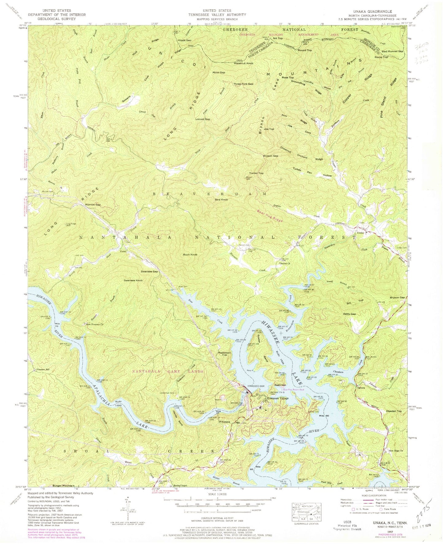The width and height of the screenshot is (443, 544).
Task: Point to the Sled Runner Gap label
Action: pyautogui.click(x=391, y=51)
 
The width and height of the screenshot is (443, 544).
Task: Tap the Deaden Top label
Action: pyautogui.click(x=394, y=411)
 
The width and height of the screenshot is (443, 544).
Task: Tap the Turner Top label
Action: pyautogui.click(x=256, y=173)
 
